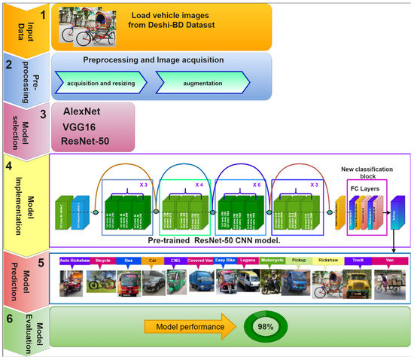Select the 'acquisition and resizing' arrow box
click(102, 82)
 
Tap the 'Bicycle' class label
click(103, 261)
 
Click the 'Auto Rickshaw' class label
click(74, 261)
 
